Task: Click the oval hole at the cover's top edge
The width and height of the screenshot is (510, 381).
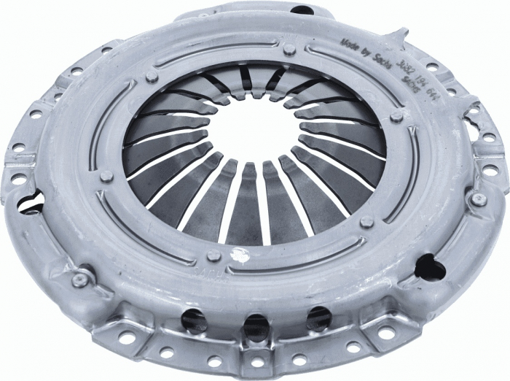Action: [300, 10]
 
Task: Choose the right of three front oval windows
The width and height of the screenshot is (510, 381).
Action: [318, 316]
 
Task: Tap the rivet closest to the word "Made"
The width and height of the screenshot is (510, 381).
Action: [289, 48]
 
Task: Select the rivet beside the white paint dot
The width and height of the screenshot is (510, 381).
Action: [213, 255]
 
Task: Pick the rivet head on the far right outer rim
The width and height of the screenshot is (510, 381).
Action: [478, 199]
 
